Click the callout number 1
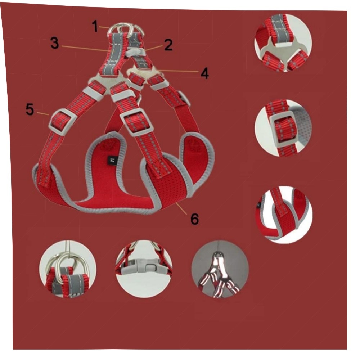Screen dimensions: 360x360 pyautogui.click(x=95, y=26)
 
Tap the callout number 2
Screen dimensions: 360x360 pyautogui.click(x=168, y=45)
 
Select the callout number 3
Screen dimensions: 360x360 pyautogui.click(x=55, y=43)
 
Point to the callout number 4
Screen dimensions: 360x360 pyautogui.click(x=205, y=73)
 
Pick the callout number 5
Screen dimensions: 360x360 pyautogui.click(x=30, y=109)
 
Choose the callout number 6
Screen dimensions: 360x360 pyautogui.click(x=194, y=219)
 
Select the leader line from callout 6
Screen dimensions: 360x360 pyautogui.click(x=183, y=208)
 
